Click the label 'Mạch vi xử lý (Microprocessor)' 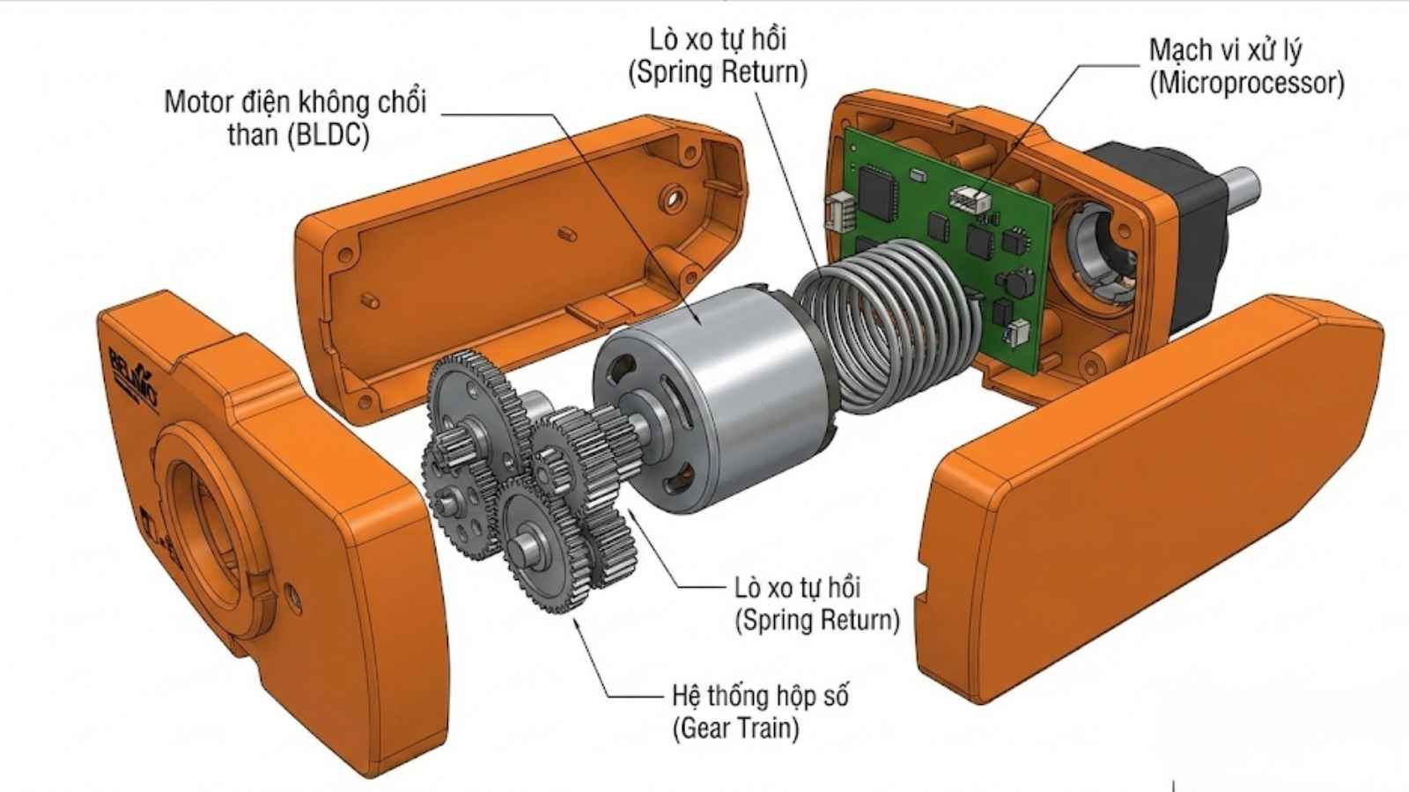coord(1245,67)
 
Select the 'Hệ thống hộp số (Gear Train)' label coord(759,711)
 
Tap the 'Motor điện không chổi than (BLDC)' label coord(296,118)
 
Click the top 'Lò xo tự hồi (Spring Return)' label coord(717,55)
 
